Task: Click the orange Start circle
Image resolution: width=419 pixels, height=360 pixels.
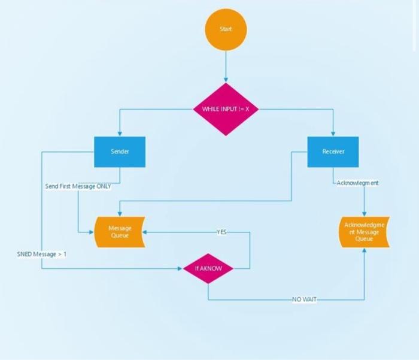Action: coord(226,29)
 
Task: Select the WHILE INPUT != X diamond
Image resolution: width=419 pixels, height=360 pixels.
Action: coord(226,109)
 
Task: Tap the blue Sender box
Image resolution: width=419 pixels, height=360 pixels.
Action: coord(120,152)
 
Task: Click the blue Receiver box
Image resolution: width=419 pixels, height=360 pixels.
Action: coord(333,152)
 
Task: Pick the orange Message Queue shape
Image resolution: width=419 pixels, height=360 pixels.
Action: coord(120,232)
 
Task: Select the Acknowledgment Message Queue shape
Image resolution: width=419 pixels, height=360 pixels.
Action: coord(365,232)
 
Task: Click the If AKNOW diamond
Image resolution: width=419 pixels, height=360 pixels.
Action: coord(208,269)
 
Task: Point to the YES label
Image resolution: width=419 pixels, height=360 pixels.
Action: coord(221,232)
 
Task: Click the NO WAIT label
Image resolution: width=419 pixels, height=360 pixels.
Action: coord(304,300)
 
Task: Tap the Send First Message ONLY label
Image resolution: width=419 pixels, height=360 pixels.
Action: coord(78,186)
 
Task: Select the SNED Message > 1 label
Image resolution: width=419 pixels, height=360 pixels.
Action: coord(41,255)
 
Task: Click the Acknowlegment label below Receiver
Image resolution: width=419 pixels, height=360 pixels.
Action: coord(357,183)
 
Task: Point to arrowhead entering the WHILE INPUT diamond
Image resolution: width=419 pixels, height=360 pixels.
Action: coord(226,80)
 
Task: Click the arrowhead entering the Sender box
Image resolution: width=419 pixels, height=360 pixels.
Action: coord(120,134)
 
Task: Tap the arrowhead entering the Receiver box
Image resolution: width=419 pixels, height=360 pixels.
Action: coord(333,134)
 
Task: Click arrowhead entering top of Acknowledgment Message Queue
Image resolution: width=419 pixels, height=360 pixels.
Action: coord(365,214)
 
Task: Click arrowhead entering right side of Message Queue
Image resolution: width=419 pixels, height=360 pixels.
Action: coord(144,232)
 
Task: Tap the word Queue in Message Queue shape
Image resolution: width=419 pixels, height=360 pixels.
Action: coord(120,236)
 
